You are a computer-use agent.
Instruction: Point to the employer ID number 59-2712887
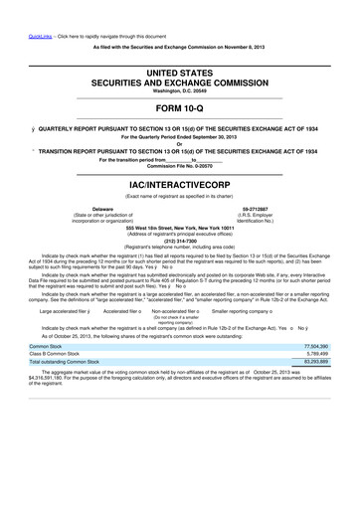tap(290, 209)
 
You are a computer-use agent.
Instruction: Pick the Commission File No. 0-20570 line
tap(180, 165)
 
